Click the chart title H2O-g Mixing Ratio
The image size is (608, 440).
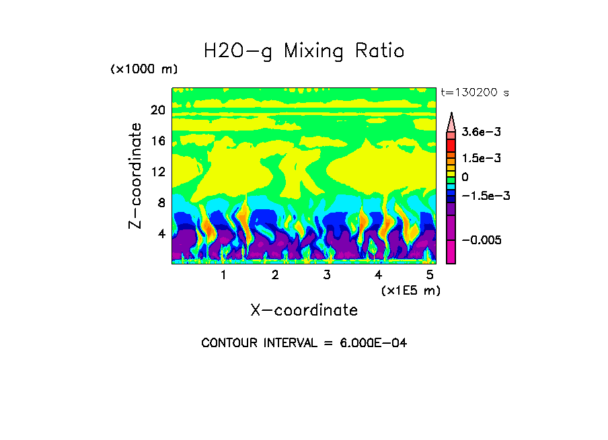[x=304, y=52]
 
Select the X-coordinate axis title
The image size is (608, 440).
[x=304, y=310]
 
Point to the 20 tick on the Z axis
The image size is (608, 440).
[x=157, y=110]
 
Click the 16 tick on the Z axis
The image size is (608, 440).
[x=157, y=141]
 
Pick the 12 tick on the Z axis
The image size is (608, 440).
[x=157, y=172]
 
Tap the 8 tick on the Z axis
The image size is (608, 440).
[x=161, y=203]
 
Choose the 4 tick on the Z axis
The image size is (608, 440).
[x=161, y=233]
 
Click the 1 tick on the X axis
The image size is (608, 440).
[x=223, y=275]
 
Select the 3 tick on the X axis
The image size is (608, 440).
[x=327, y=275]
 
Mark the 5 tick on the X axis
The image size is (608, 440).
[x=430, y=275]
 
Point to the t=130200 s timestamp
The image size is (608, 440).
[x=475, y=92]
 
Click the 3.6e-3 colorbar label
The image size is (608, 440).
[x=476, y=133]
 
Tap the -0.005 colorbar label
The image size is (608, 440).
[x=480, y=240]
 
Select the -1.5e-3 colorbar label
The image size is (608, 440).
[x=482, y=196]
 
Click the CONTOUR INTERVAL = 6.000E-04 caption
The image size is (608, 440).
[x=304, y=343]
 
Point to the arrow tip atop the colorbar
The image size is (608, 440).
[x=451, y=114]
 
